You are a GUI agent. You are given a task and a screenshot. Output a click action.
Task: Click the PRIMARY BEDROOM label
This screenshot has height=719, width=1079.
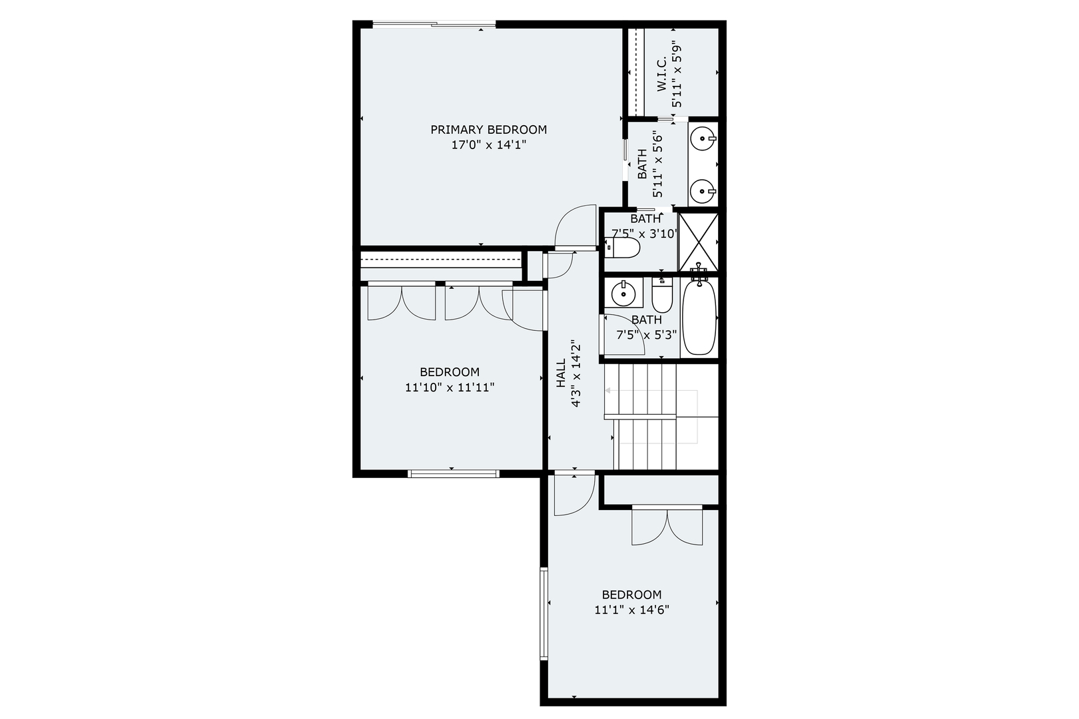coord(488,130)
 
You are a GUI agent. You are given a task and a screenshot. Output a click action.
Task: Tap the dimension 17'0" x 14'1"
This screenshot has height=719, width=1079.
coord(489,145)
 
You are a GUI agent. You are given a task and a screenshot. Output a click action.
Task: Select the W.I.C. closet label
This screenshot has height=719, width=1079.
coord(661,75)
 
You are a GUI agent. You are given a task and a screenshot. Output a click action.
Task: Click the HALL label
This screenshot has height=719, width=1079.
coord(561,373)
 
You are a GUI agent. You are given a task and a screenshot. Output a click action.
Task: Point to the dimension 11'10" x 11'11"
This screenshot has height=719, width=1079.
coord(450,387)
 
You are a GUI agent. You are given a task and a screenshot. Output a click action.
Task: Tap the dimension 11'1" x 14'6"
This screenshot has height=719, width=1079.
coord(631,610)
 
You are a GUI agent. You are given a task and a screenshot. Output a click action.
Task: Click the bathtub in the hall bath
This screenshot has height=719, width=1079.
coord(699,318)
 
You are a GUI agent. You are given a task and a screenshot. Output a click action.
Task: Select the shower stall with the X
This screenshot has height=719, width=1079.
coord(698,240)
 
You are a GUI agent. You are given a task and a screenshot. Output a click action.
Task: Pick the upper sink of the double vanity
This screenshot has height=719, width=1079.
coord(703,140)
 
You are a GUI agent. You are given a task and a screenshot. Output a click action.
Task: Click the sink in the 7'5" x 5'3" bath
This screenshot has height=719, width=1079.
coord(623,292)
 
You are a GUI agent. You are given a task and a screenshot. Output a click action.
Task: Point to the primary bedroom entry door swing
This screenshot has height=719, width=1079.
coord(574,226)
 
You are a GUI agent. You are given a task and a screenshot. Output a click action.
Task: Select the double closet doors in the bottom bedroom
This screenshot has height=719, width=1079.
coord(667,527)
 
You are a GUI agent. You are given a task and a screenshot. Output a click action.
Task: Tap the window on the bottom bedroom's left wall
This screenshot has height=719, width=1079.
coord(544,613)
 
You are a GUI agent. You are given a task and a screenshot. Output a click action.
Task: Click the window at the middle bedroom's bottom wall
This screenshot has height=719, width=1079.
coord(453,474)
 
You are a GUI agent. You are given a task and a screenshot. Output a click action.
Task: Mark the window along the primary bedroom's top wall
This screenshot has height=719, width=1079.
coord(434,25)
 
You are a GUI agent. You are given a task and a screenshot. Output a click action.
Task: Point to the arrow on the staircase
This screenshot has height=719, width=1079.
coord(609,391)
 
